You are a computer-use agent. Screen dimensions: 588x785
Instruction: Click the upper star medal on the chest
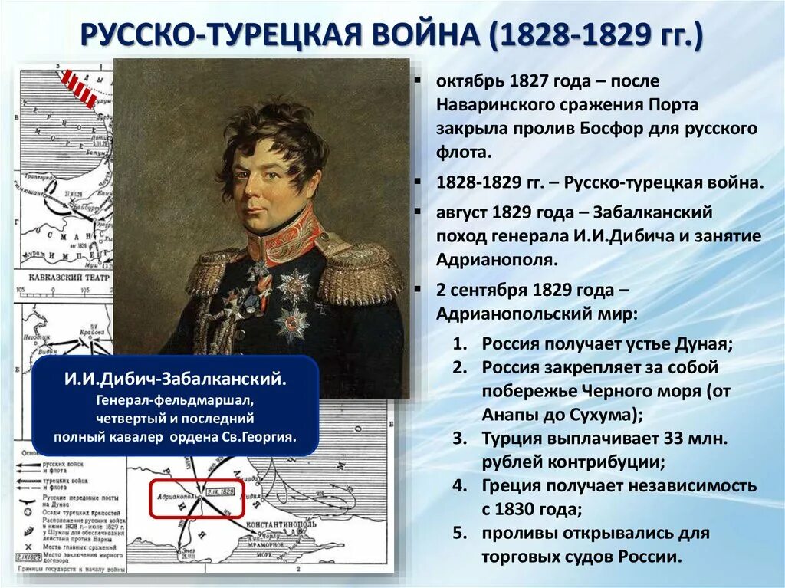294,285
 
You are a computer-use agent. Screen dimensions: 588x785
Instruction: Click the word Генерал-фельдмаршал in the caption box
176,401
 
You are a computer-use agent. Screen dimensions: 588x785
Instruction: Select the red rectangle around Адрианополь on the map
196,499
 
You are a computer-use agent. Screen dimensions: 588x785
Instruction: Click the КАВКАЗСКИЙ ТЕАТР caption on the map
64,278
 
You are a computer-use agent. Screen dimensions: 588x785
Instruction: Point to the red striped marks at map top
79,87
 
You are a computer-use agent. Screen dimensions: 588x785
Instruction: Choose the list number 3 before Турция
458,439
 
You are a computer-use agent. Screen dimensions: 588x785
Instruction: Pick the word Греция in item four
512,486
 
